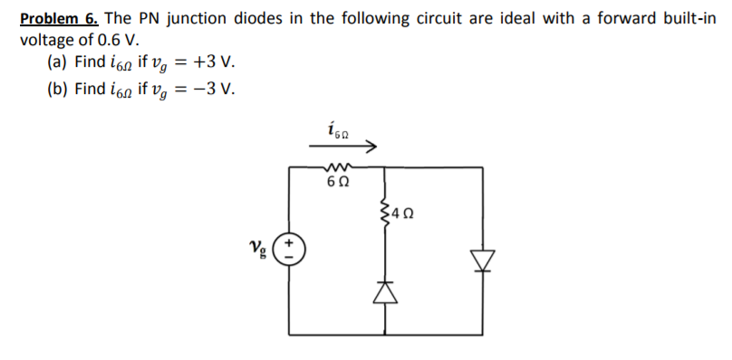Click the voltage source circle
tap(290, 248)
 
